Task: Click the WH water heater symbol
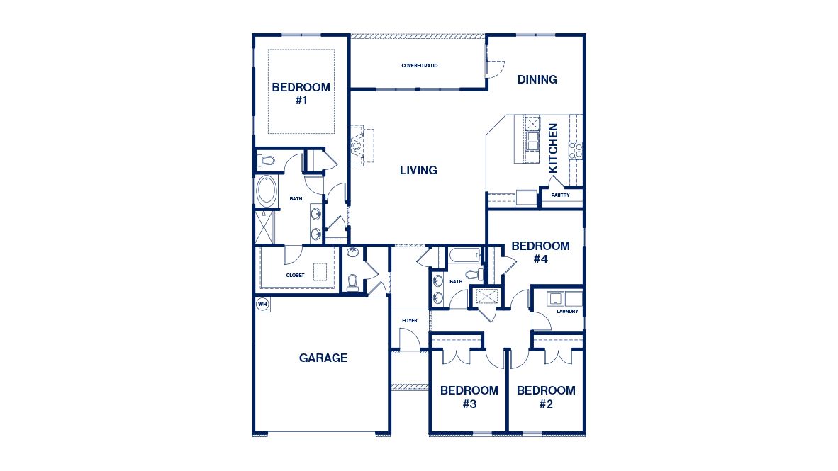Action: pos(262,304)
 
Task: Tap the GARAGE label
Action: pos(323,358)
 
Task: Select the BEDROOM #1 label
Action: pos(301,93)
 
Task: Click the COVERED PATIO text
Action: pos(420,65)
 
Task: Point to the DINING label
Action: pos(537,79)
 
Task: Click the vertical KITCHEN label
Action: pos(554,148)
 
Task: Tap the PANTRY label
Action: pos(560,195)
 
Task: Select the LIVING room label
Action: pos(418,170)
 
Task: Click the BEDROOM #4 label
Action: pos(540,252)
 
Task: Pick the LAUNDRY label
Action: pos(567,311)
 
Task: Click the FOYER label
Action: pos(410,321)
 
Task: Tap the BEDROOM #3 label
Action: pos(469,397)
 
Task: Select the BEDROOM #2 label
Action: pos(545,397)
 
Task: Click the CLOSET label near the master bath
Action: pos(296,275)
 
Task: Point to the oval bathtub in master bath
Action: pos(267,191)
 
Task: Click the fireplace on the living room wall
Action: pos(357,146)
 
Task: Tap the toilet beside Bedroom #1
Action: pos(265,161)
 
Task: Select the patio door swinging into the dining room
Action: pos(493,65)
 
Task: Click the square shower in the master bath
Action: pos(266,227)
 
